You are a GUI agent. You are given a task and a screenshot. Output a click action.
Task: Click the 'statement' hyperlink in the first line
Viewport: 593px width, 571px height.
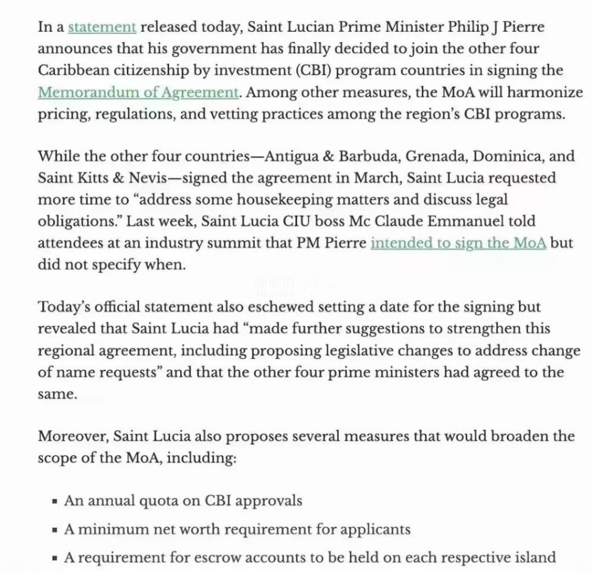[x=102, y=27]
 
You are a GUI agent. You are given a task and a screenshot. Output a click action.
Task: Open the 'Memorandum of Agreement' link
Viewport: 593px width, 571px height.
[x=138, y=92]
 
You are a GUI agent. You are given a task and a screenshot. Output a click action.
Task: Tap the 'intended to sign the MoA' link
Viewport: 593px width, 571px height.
[x=458, y=243]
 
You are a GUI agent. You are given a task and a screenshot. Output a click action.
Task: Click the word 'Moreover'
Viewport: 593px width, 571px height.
[x=72, y=436]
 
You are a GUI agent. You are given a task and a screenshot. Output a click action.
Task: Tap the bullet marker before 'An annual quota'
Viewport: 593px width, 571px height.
[x=54, y=502]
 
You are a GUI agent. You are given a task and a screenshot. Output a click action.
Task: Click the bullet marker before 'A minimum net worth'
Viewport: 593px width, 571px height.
[x=54, y=530]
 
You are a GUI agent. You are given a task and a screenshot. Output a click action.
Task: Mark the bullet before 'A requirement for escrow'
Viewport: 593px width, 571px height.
[x=54, y=558]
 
